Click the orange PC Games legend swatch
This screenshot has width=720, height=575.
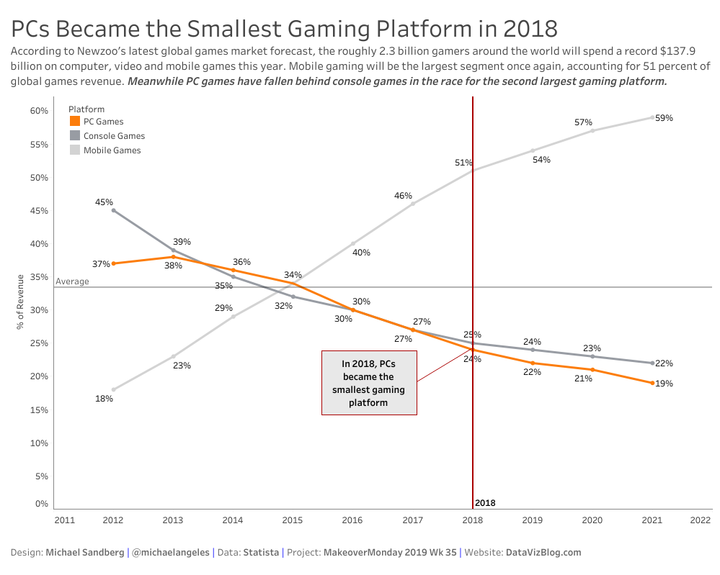(x=75, y=122)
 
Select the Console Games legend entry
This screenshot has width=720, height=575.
(x=114, y=136)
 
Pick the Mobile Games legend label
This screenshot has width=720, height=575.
(x=112, y=150)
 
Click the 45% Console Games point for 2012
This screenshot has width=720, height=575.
(x=113, y=210)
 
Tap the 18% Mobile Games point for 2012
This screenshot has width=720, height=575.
(x=113, y=389)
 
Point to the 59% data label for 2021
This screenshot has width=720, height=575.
(x=664, y=117)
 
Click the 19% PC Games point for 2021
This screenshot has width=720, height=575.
(x=652, y=383)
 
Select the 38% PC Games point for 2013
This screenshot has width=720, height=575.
(x=174, y=257)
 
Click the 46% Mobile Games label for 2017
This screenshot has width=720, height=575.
(x=403, y=196)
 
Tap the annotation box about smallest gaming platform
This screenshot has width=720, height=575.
(x=369, y=383)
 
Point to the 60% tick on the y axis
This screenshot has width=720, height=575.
(x=39, y=111)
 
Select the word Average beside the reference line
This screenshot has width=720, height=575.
(x=72, y=281)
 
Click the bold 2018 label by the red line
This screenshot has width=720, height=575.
(x=485, y=503)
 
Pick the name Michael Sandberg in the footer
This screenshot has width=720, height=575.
(x=84, y=553)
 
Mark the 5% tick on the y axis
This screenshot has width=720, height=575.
(x=41, y=476)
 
